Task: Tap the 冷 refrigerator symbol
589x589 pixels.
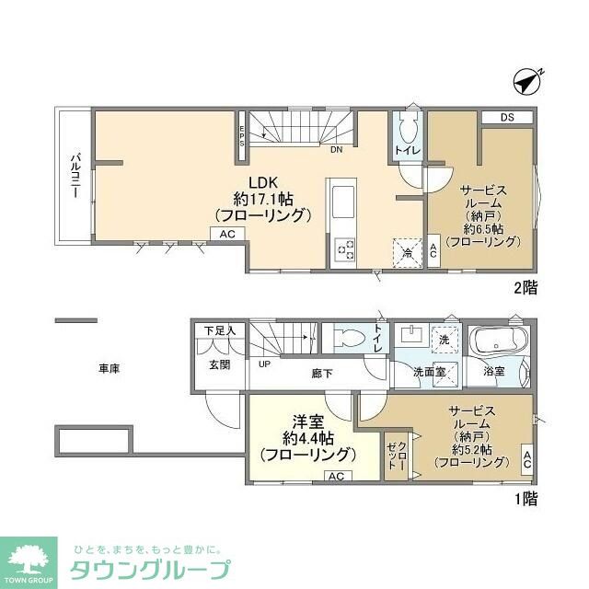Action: (x=405, y=251)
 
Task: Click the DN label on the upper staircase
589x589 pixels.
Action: (x=337, y=149)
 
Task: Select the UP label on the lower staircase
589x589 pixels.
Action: (x=265, y=364)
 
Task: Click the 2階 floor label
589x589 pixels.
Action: (x=525, y=287)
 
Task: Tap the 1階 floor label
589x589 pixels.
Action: (x=525, y=499)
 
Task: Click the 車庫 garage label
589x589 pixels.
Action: (x=110, y=368)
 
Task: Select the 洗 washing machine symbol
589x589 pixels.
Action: (x=445, y=341)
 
